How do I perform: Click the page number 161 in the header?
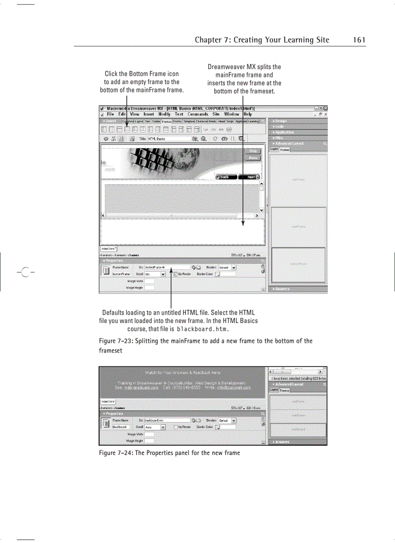click(x=359, y=40)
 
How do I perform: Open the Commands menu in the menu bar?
click(x=197, y=114)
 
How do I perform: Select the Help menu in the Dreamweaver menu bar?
click(x=247, y=114)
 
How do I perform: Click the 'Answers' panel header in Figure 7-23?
click(x=282, y=289)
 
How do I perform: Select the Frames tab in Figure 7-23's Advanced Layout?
click(x=285, y=150)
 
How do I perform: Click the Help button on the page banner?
click(x=252, y=151)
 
